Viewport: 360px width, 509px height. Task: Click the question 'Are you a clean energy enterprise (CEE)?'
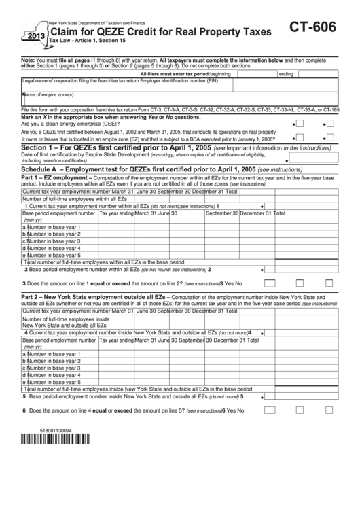pos(72,124)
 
